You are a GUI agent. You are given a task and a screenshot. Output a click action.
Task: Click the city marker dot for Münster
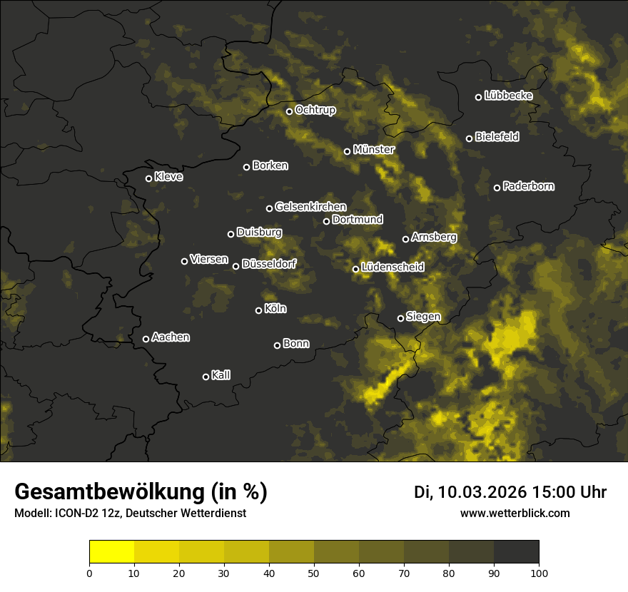tap(348, 151)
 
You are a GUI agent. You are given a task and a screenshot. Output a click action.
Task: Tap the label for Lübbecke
tap(508, 96)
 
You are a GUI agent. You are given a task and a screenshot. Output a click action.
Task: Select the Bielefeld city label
tap(497, 136)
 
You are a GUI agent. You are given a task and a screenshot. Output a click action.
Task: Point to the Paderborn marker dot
tap(497, 188)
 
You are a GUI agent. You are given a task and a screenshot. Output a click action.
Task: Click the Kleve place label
tap(168, 177)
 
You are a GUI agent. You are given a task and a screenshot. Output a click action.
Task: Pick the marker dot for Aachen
tap(146, 339)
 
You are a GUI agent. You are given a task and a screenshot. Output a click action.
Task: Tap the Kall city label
tap(221, 375)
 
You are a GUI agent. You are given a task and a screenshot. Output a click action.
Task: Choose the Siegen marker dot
tap(400, 318)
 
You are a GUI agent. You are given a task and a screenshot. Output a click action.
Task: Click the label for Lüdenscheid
tap(392, 267)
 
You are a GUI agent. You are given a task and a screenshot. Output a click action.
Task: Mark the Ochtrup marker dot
tap(290, 111)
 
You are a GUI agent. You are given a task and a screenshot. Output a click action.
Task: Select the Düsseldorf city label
tap(269, 264)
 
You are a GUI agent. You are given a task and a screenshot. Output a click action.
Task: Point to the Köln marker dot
tap(259, 310)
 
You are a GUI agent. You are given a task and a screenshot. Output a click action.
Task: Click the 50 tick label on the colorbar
tap(314, 573)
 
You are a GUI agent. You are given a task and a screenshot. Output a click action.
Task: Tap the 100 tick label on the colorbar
tap(539, 573)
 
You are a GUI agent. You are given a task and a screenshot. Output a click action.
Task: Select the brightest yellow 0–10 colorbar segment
tap(112, 552)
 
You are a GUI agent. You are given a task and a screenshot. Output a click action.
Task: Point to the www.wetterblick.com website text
tap(515, 514)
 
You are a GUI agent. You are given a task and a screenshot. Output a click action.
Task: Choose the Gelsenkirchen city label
tap(310, 207)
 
